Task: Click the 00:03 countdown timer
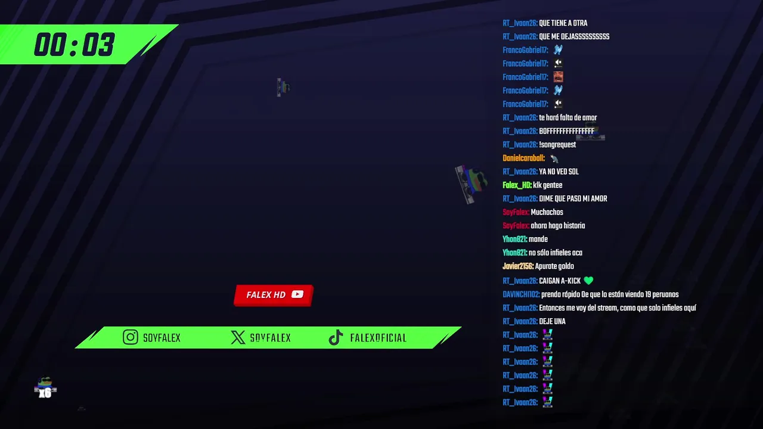point(75,45)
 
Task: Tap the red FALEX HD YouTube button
point(274,295)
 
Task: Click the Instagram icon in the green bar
point(131,337)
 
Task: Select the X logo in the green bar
point(238,337)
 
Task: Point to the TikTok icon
point(336,337)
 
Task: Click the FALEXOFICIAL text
point(378,338)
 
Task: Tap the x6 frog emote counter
point(45,387)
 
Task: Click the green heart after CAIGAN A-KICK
point(588,281)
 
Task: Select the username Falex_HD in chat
point(517,185)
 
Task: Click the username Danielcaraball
point(523,158)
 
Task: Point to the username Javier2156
point(518,266)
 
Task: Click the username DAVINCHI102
point(521,294)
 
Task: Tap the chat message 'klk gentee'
point(547,185)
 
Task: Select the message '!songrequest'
point(557,145)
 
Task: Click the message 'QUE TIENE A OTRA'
point(563,23)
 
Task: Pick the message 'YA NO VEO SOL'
point(559,172)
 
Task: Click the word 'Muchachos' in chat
point(547,212)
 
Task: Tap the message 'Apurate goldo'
point(554,266)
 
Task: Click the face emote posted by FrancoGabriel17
point(558,77)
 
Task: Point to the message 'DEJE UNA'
point(552,321)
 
